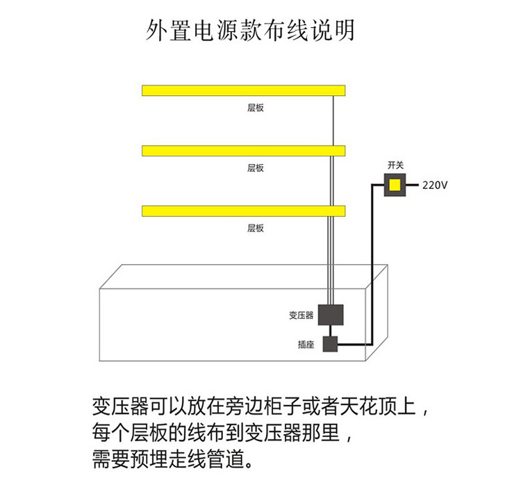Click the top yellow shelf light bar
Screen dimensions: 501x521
tap(244, 90)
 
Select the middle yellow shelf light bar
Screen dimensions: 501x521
tap(244, 150)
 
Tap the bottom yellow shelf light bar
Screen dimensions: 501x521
tap(244, 211)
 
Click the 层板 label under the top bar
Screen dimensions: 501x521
tap(256, 108)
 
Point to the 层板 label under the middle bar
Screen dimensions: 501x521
tap(256, 168)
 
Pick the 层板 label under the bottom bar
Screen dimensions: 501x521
tap(256, 228)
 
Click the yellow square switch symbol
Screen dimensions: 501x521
tap(395, 186)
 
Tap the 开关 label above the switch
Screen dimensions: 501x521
tap(395, 165)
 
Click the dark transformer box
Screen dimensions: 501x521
tap(331, 314)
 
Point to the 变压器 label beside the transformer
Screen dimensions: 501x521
tap(301, 315)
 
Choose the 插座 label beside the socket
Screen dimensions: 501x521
tap(306, 344)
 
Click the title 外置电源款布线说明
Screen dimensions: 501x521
tap(251, 31)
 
